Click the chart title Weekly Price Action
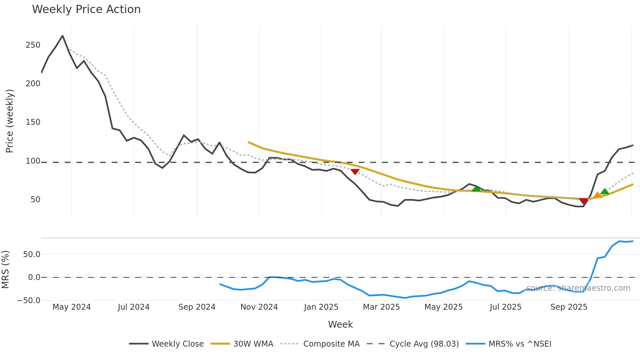(x=86, y=9)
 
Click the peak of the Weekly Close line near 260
(x=63, y=36)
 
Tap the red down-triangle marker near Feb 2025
(x=355, y=172)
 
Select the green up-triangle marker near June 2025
(x=476, y=188)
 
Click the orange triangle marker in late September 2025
(x=598, y=195)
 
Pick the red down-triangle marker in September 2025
(x=584, y=201)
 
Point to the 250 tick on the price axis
(x=33, y=45)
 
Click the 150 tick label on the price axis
(x=33, y=122)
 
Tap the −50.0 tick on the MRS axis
(x=29, y=301)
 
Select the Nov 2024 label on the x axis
(x=259, y=307)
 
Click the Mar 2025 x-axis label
(x=381, y=307)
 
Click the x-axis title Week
(x=340, y=324)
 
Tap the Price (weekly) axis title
(x=9, y=121)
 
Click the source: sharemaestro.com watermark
(x=578, y=288)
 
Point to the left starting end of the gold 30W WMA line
(x=249, y=142)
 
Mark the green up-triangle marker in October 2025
(x=605, y=191)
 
